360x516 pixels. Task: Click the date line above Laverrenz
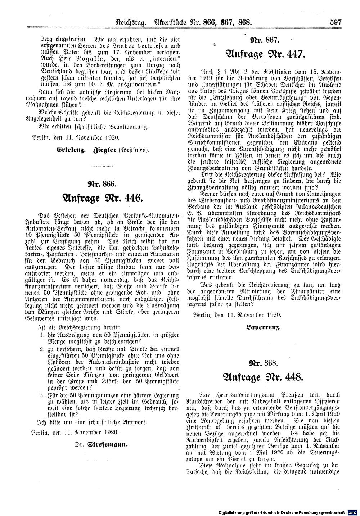tap(237, 315)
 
